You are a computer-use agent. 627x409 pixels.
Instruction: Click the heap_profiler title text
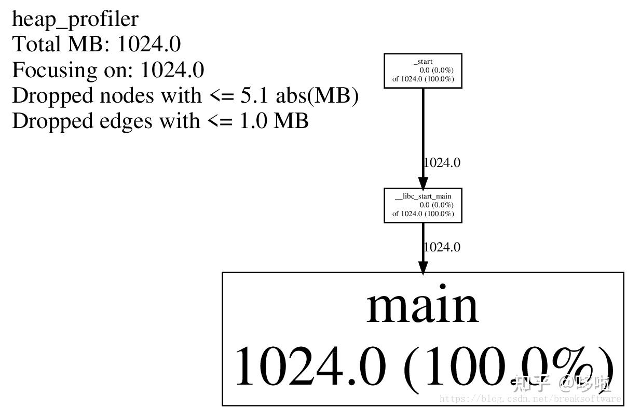(75, 20)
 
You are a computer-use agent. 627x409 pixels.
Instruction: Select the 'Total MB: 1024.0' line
(96, 45)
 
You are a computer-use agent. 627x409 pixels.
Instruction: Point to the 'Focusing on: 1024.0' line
(107, 70)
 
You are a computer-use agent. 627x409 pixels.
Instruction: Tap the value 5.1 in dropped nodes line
(256, 95)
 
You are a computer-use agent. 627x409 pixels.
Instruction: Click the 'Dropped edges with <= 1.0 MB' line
(160, 121)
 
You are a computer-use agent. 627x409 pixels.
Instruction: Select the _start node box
(422, 70)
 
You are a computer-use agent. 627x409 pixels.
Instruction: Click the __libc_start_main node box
(422, 205)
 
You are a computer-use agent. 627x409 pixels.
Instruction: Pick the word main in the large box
(422, 306)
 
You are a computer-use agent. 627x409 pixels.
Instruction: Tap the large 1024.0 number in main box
(310, 365)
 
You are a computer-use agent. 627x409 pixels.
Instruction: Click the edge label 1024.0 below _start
(442, 163)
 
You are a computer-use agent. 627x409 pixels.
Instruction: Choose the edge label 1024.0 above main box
(442, 247)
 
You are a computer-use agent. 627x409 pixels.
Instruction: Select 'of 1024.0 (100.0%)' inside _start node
(423, 79)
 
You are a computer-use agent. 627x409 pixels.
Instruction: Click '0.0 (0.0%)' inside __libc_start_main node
(437, 205)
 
